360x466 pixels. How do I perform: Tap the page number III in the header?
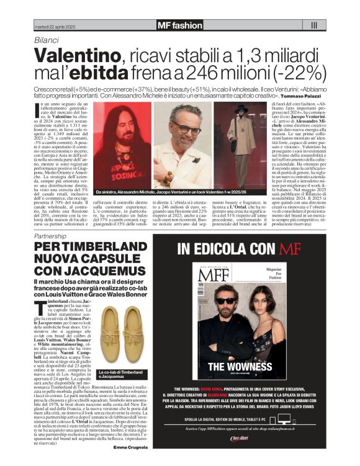[x=313, y=25]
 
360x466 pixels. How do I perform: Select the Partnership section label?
[x=50, y=238]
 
